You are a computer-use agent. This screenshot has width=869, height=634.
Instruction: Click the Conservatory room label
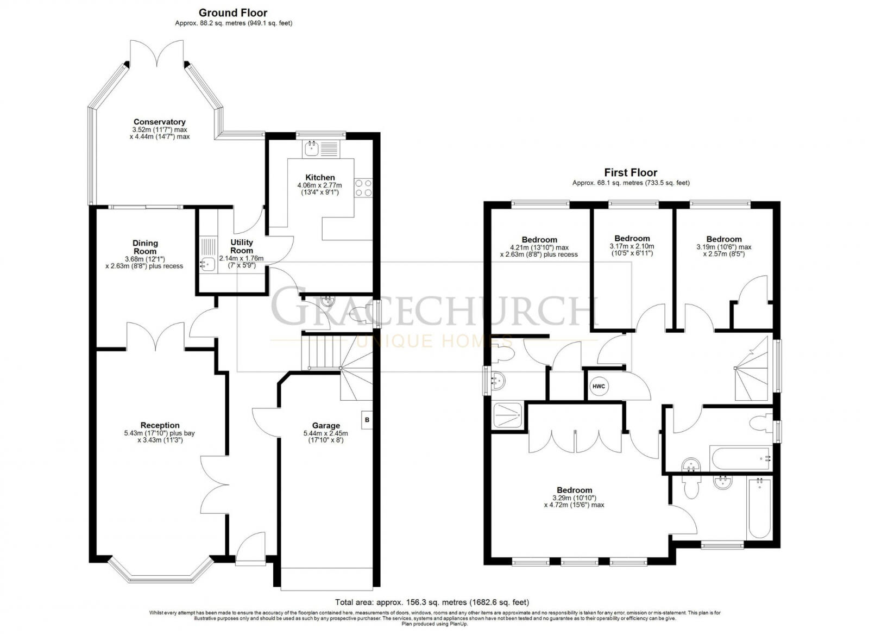point(160,122)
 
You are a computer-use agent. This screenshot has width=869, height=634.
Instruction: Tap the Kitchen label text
point(320,177)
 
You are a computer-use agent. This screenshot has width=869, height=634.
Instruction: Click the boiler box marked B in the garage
point(367,420)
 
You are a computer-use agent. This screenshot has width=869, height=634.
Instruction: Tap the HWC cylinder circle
point(599,386)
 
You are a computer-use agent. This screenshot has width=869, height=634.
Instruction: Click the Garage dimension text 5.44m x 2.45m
point(326,433)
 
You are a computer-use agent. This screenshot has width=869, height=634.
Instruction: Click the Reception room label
point(160,425)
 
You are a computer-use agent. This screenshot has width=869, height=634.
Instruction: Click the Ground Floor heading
point(233,13)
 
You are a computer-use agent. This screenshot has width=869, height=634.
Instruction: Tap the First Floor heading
point(631,172)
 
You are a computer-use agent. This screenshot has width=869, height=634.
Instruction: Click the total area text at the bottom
point(432,602)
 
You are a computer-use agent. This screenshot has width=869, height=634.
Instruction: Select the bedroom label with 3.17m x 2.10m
point(632,238)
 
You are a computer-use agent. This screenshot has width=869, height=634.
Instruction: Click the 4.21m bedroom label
point(539,240)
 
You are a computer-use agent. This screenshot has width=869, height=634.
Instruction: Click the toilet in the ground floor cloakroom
point(361,314)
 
